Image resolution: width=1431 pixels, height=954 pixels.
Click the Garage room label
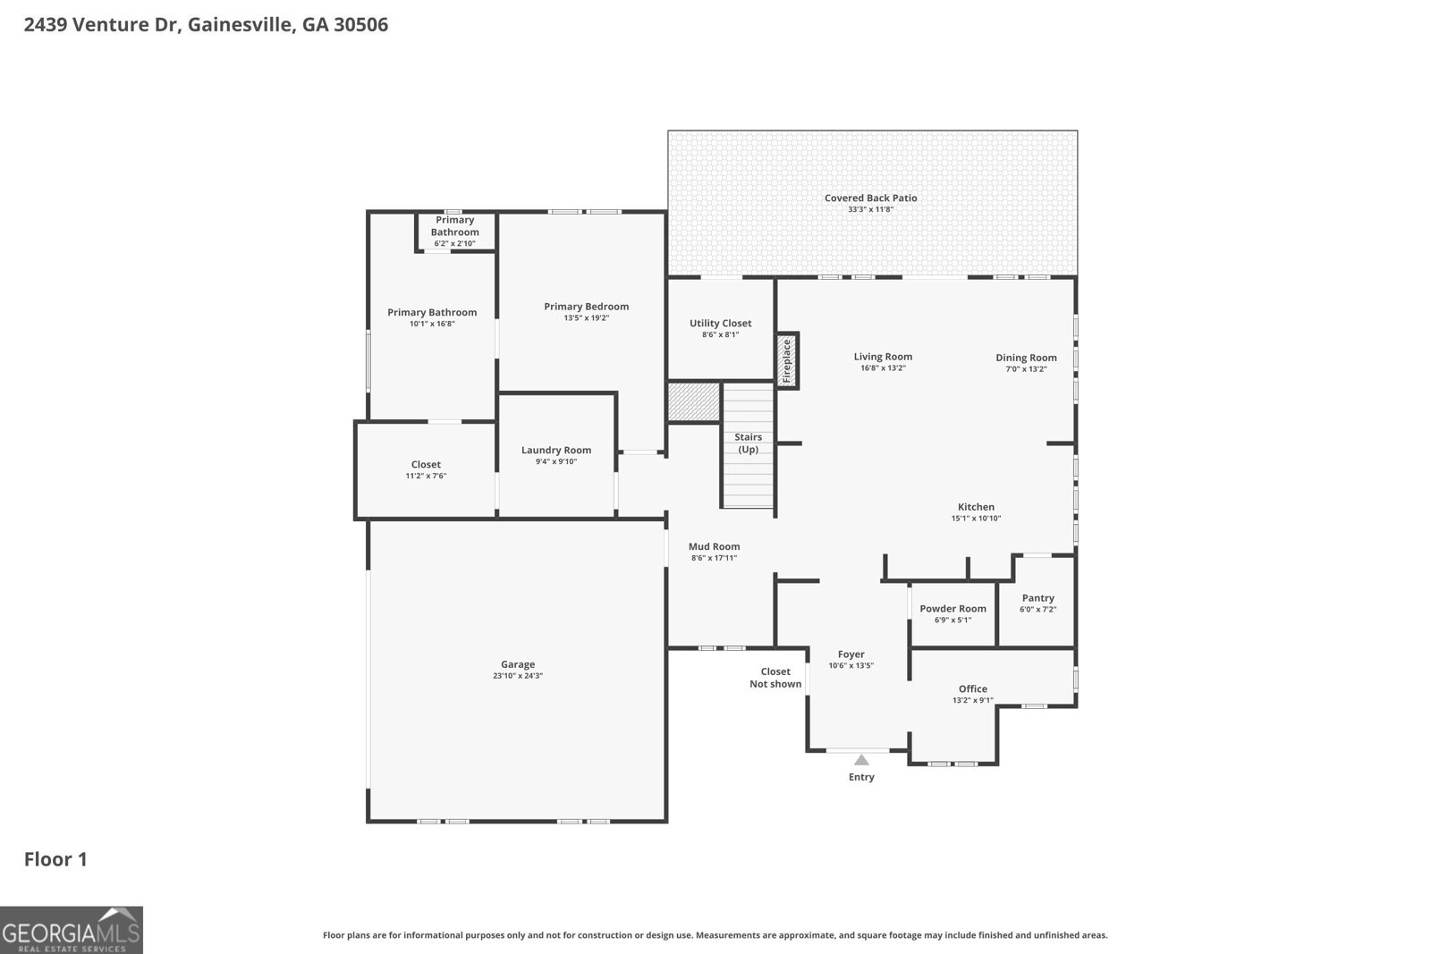[517, 664]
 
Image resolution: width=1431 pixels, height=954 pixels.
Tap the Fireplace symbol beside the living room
[787, 360]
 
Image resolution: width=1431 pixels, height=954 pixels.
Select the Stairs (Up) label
[748, 443]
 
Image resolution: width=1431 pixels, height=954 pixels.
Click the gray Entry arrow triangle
[860, 760]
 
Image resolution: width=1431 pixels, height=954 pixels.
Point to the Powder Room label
[953, 608]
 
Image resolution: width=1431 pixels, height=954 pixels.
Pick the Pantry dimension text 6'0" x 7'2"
[1037, 610]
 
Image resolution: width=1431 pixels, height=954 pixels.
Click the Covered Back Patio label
[870, 198]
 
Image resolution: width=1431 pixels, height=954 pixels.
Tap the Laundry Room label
[555, 450]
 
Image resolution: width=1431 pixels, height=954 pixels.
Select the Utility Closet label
[720, 323]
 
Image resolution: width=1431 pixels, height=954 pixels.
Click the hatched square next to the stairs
[694, 401]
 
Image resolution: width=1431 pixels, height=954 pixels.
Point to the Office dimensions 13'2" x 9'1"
[972, 700]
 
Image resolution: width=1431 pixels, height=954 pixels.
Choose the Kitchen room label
[976, 506]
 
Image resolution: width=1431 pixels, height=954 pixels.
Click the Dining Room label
[1026, 358]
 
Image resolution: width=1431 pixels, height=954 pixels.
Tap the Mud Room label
[714, 546]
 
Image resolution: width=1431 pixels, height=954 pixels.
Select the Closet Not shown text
[775, 678]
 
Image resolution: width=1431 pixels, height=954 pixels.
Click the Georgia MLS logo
[72, 930]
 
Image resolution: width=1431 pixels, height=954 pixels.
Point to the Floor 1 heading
[55, 859]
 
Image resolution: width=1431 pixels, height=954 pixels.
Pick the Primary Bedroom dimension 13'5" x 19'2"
[586, 318]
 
